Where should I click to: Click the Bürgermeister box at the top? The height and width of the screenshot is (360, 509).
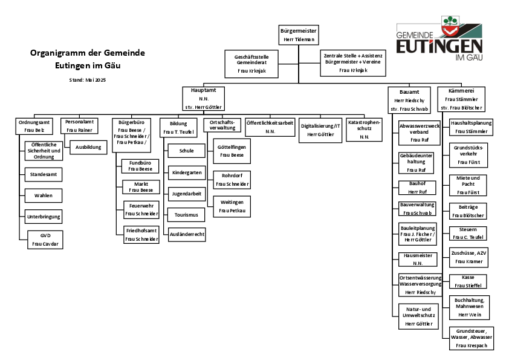point(299,35)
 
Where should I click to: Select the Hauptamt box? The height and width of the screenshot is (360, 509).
point(204,99)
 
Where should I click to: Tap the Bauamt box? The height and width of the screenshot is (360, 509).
point(409,100)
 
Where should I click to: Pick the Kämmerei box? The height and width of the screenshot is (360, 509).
point(461,99)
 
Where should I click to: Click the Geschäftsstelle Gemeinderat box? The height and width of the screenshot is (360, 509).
point(251,64)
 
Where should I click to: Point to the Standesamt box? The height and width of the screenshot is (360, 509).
point(44,175)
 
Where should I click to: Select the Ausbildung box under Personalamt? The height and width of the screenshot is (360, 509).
point(88,148)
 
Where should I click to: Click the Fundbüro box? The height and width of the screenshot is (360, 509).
point(140,166)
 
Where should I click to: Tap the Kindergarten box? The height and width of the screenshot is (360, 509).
point(187,173)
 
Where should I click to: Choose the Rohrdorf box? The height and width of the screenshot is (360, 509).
point(232,180)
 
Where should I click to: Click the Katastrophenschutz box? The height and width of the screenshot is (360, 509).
point(365,129)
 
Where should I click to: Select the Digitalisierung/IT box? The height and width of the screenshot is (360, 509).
point(320,130)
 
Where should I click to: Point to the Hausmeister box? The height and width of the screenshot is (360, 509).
point(418,260)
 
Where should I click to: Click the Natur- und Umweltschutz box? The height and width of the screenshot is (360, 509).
point(419,316)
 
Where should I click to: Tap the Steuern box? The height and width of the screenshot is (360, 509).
point(468,234)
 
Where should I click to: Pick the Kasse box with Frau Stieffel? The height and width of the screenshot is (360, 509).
point(468,281)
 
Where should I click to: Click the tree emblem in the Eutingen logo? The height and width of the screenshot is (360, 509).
point(450,21)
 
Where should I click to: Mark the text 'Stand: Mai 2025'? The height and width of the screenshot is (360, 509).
point(87,80)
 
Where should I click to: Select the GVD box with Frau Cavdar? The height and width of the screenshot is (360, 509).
point(45,240)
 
